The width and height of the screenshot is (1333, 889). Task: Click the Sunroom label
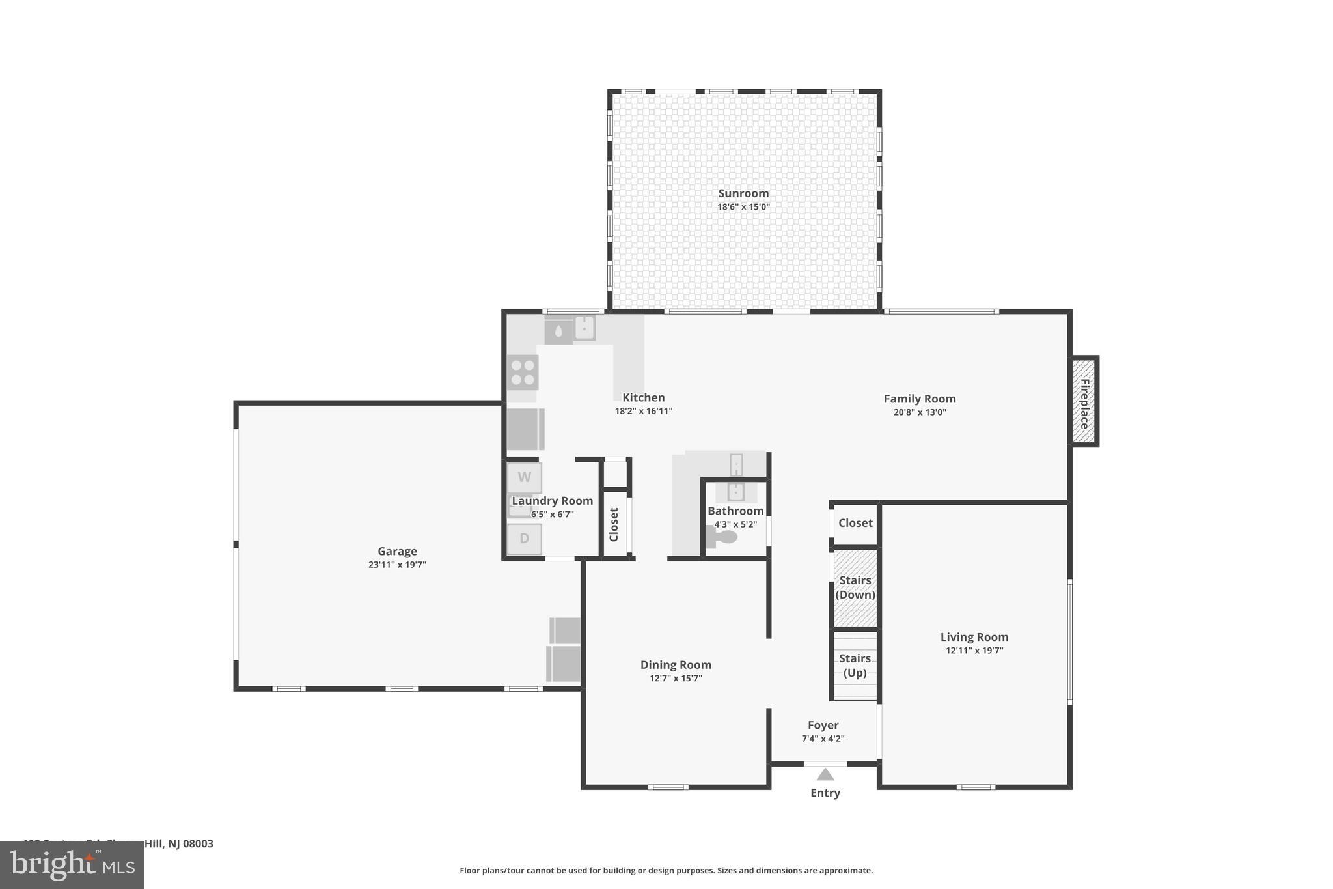(x=743, y=193)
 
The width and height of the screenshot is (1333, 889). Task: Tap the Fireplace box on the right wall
(x=1084, y=402)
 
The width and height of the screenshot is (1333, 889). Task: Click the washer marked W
(x=524, y=477)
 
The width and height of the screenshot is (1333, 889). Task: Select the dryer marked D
(x=524, y=539)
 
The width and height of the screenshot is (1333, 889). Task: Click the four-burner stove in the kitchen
(x=523, y=373)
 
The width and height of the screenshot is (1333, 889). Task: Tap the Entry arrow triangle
(x=825, y=774)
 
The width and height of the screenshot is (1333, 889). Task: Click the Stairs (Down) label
(x=855, y=587)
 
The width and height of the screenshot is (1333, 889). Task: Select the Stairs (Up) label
(x=855, y=665)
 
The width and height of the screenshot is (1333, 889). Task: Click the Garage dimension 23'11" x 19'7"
(x=397, y=565)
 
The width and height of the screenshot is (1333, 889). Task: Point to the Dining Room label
(x=676, y=665)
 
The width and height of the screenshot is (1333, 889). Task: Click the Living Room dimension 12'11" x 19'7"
(x=974, y=651)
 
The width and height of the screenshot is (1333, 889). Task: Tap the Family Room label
(x=920, y=399)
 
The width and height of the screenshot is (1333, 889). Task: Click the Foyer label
(x=823, y=725)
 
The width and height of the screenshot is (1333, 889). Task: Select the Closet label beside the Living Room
(x=855, y=523)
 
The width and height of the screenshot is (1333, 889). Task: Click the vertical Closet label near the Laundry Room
(x=614, y=524)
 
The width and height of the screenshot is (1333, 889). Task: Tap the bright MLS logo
(x=72, y=866)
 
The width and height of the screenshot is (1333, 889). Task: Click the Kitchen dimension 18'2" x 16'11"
(x=643, y=411)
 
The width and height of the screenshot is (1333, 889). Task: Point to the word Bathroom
(x=735, y=511)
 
